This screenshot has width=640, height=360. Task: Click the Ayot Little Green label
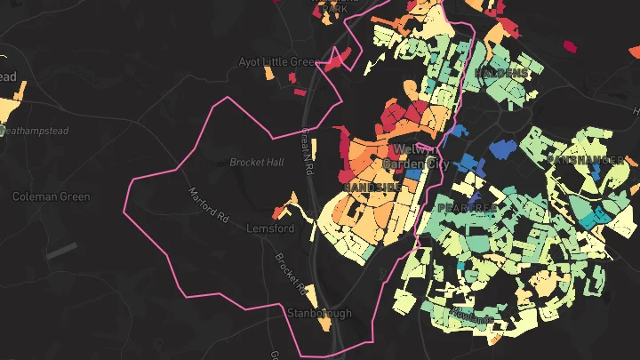pyautogui.click(x=278, y=62)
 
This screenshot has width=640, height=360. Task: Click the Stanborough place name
pyautogui.click(x=319, y=313)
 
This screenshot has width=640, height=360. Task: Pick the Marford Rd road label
pyautogui.click(x=207, y=205)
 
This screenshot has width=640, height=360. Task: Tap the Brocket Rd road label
pyautogui.click(x=291, y=272)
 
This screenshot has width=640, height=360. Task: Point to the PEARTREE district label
pyautogui.click(x=466, y=207)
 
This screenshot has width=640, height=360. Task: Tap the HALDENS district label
pyautogui.click(x=501, y=72)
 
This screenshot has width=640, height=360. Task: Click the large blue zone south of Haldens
pyautogui.click(x=500, y=148)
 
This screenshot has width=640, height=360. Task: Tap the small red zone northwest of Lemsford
pyautogui.click(x=279, y=212)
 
